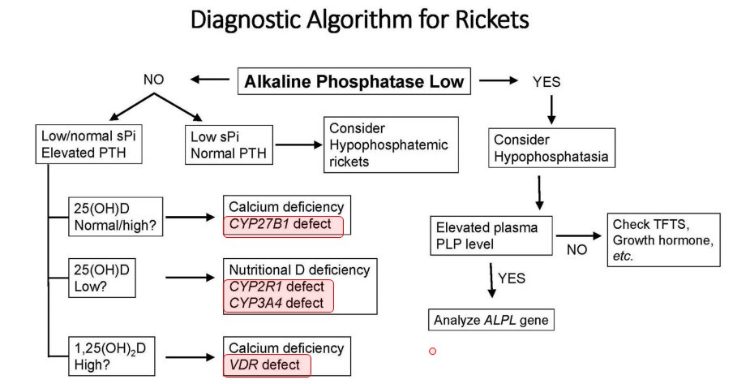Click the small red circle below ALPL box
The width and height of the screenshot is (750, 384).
point(433,351)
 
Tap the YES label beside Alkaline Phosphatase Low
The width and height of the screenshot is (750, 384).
point(546,82)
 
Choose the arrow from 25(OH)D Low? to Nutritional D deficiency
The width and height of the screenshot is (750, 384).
point(192,278)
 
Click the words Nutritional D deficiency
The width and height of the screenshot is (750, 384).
point(299,270)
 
